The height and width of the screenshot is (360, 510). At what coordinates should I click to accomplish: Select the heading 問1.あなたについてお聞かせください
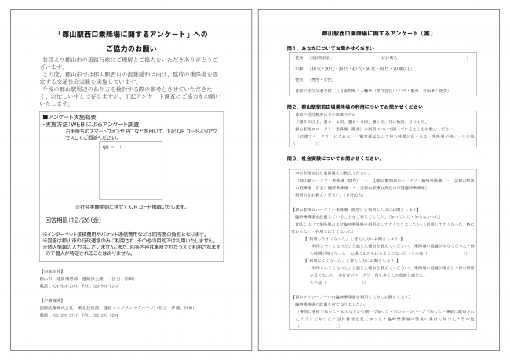[329, 48]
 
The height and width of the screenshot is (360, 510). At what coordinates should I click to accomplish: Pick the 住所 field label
[297, 58]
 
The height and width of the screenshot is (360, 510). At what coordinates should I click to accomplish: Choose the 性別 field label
[297, 79]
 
